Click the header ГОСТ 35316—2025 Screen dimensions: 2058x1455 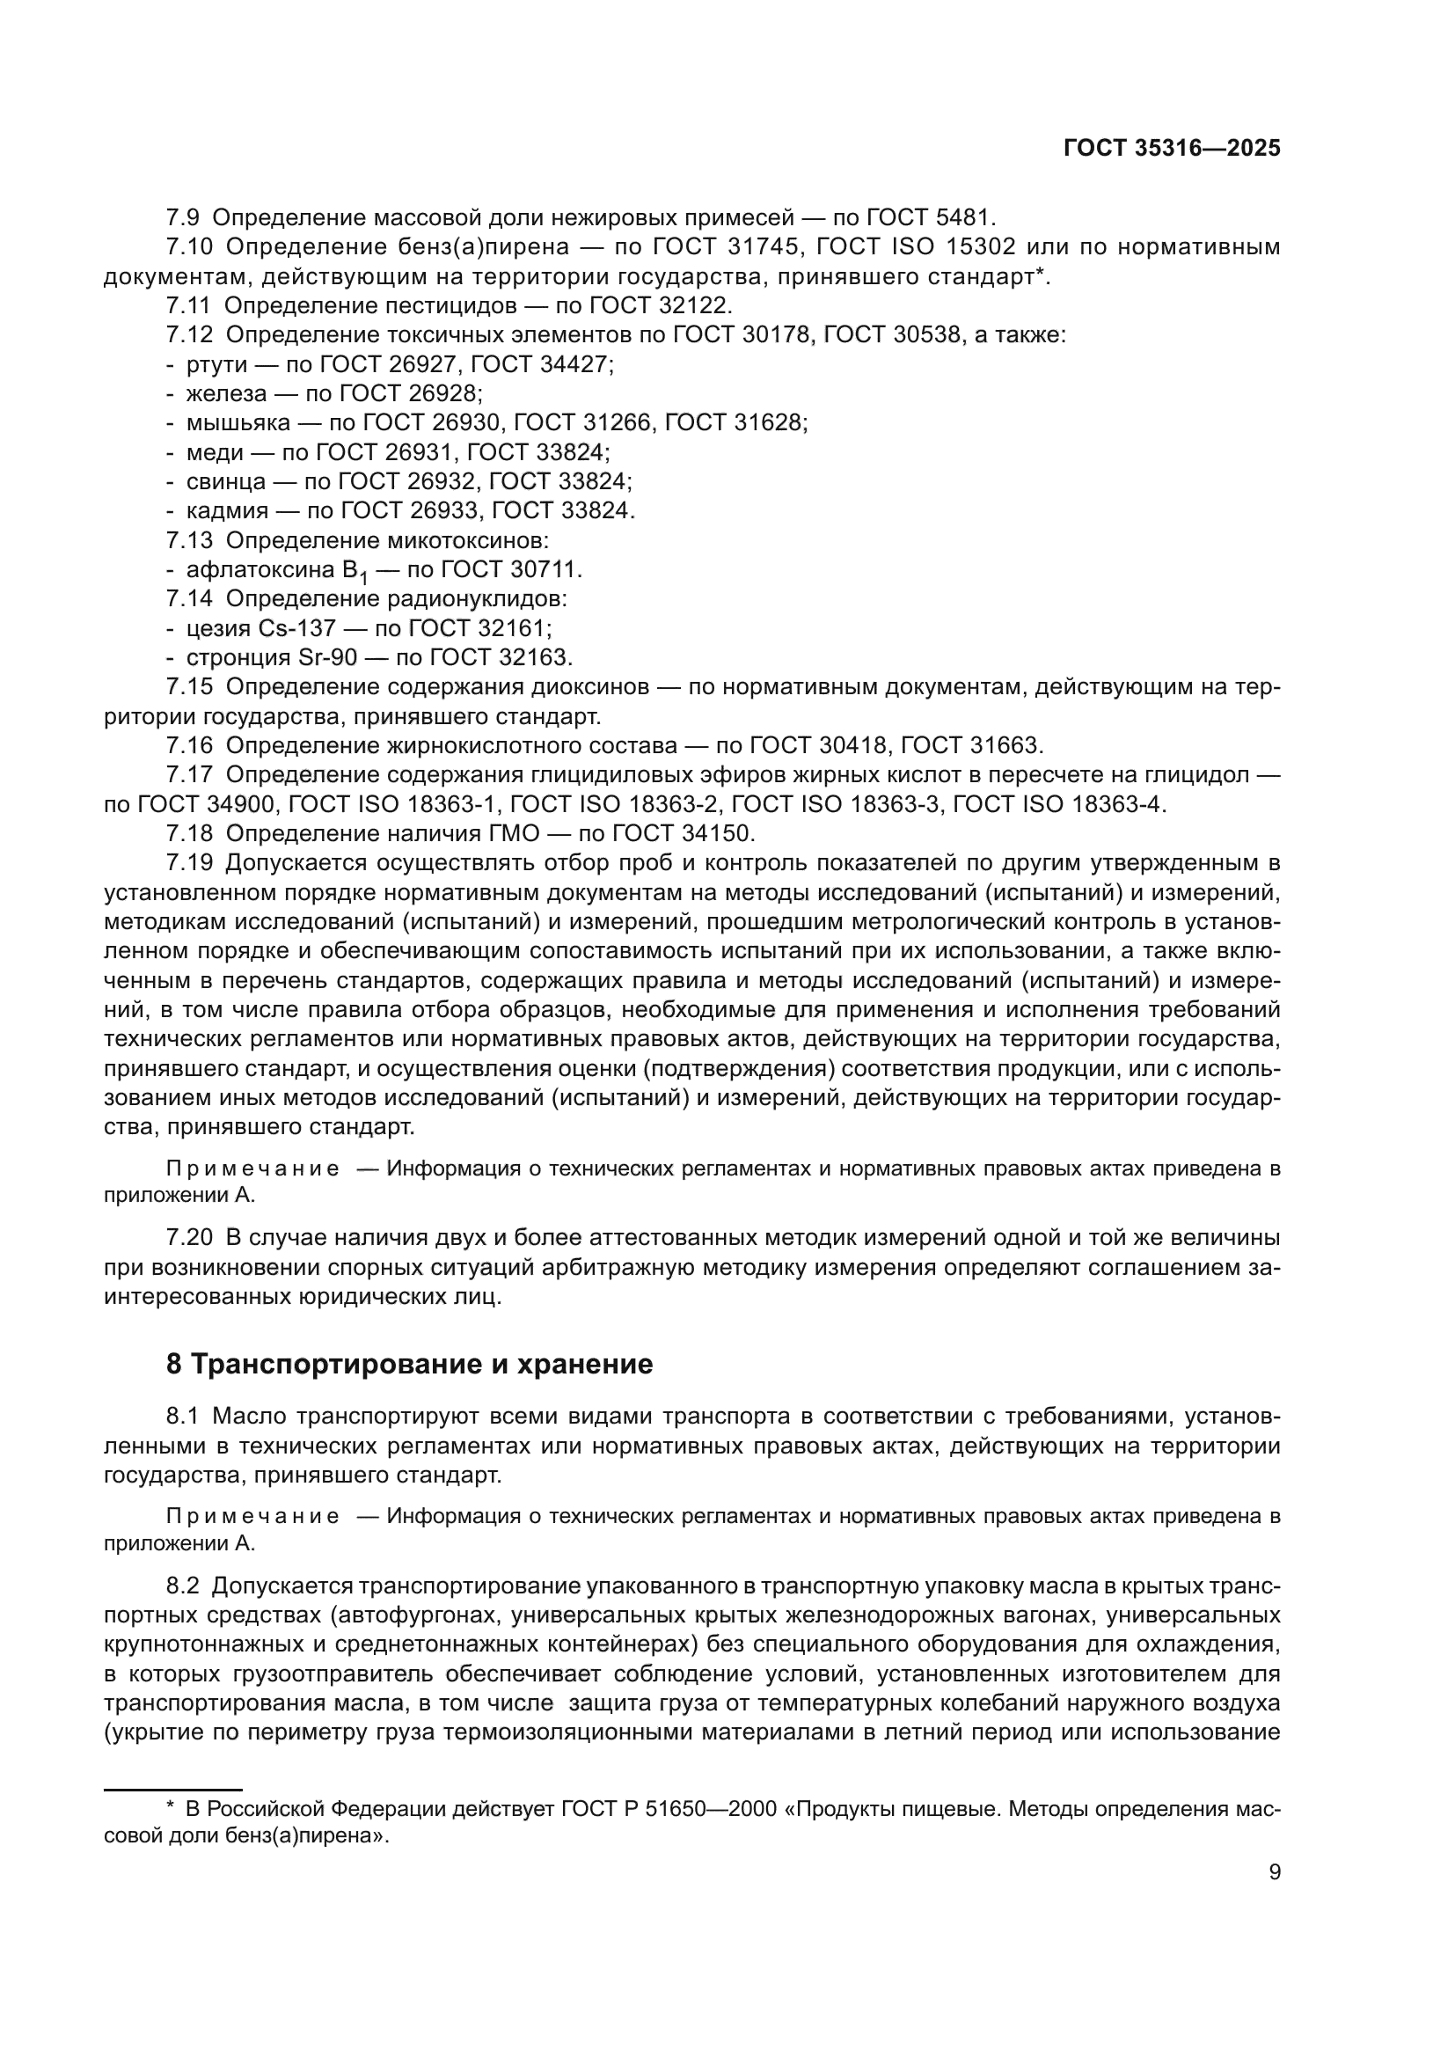pyautogui.click(x=1172, y=149)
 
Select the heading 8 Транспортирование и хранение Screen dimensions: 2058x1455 pyautogui.click(x=409, y=1365)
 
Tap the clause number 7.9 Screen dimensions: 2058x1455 pyautogui.click(x=183, y=218)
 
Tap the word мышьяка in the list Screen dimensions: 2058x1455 pyautogui.click(x=238, y=422)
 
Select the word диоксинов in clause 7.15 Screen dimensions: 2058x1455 pyautogui.click(x=589, y=687)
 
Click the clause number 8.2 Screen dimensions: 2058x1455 pyautogui.click(x=182, y=1586)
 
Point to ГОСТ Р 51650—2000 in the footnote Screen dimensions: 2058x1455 pyautogui.click(x=669, y=1809)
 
